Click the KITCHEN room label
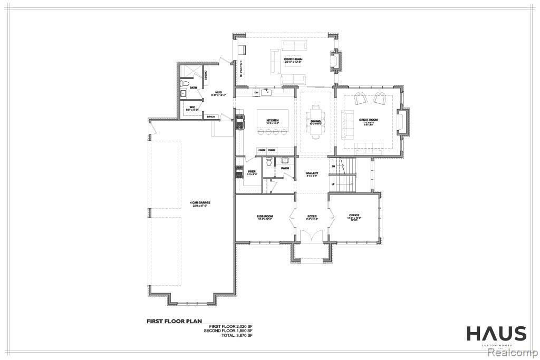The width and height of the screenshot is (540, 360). [273, 121]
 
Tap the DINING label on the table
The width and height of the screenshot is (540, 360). [316, 121]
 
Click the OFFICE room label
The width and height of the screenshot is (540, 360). [354, 216]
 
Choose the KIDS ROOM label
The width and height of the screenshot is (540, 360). [264, 216]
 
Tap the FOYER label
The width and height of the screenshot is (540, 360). [312, 216]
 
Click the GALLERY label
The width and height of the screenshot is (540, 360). [312, 173]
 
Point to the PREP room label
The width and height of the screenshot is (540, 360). [252, 171]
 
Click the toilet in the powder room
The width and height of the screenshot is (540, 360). [269, 163]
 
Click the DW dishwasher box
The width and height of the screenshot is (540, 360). [256, 93]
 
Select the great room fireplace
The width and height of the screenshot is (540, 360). [402, 121]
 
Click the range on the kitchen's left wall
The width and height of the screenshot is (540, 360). [239, 122]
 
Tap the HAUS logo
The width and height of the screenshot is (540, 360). [496, 334]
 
